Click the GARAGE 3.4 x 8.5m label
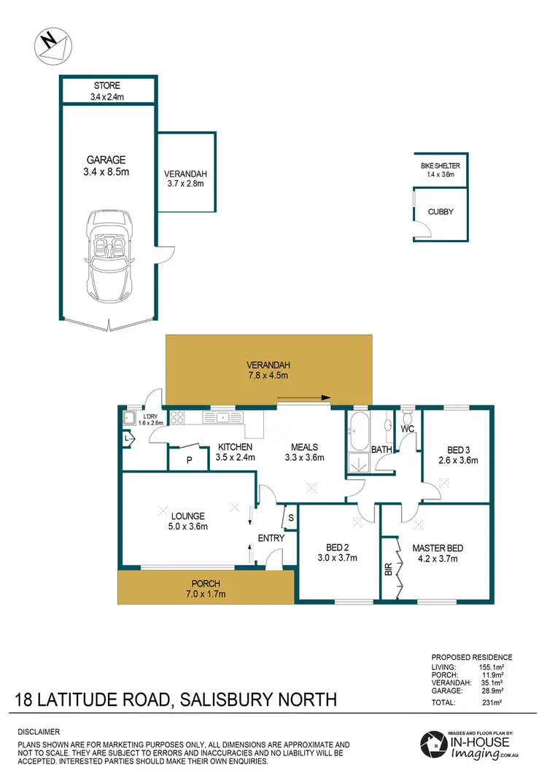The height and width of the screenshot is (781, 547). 106,166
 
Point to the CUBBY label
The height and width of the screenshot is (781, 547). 441,211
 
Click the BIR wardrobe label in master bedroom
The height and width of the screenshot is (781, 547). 388,567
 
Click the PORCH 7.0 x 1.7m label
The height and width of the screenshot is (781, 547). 206,588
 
